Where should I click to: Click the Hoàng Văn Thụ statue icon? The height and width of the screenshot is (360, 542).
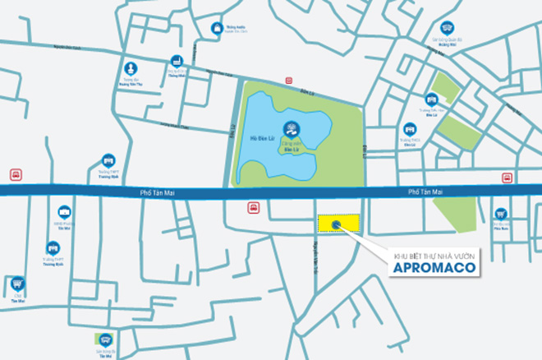(x=130, y=67)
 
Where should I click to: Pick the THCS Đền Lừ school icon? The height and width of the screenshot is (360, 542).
(x=410, y=129)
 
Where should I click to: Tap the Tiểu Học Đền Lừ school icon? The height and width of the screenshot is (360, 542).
(x=432, y=99)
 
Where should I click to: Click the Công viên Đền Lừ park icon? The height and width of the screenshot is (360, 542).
(x=289, y=128)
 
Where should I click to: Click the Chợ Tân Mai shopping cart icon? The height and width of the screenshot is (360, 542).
(x=17, y=283)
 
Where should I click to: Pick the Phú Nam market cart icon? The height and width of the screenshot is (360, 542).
(x=500, y=215)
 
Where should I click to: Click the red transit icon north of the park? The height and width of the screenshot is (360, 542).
(x=289, y=81)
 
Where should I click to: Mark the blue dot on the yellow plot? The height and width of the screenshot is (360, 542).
(x=336, y=223)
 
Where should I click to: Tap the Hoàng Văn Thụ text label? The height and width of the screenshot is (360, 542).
(x=130, y=83)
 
